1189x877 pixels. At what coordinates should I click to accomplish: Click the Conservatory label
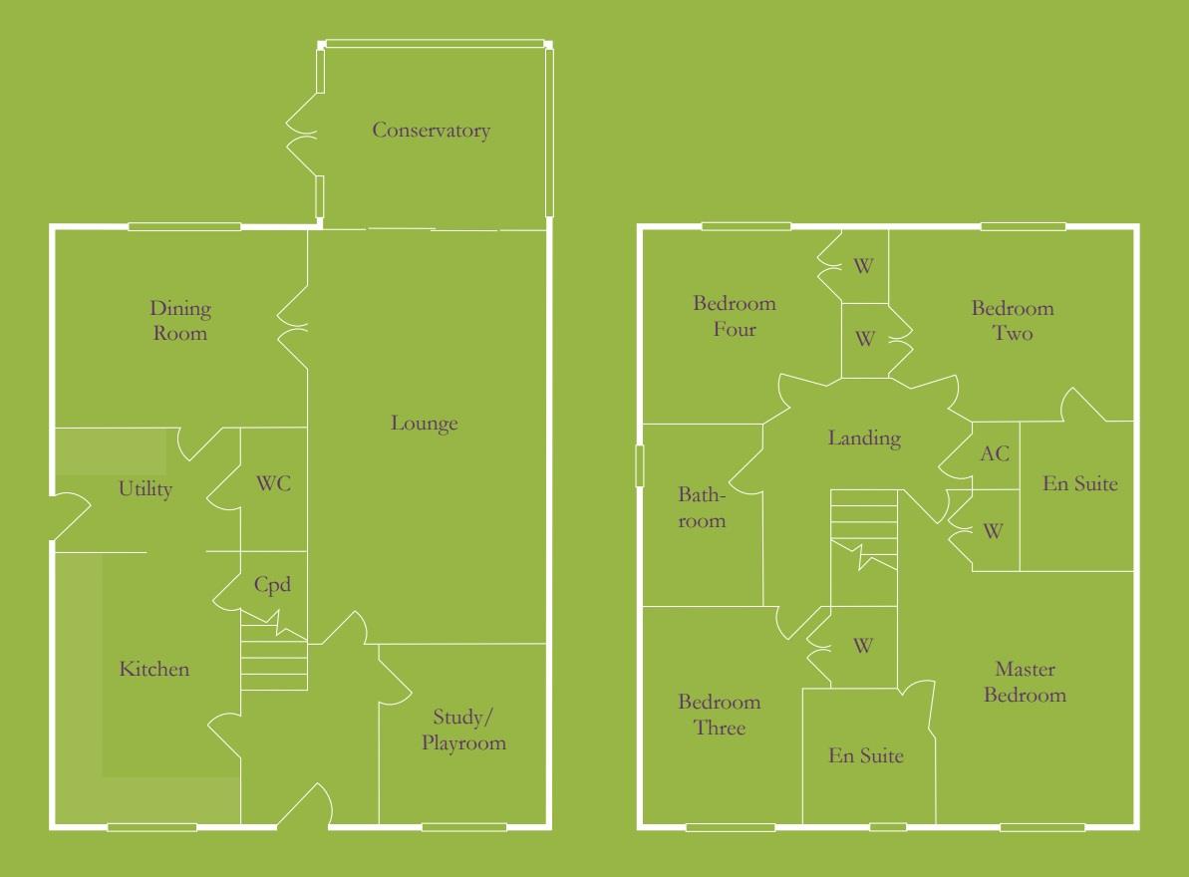pos(431,131)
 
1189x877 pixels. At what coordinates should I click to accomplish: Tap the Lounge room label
pos(424,424)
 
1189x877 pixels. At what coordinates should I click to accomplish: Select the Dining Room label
pos(180,321)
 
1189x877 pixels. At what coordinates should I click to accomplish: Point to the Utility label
pos(146,489)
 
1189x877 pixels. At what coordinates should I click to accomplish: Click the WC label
pos(273,484)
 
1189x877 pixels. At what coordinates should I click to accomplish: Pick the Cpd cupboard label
pos(272,585)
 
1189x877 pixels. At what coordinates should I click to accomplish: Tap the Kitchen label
pos(154,669)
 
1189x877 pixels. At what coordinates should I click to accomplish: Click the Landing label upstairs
pos(864,438)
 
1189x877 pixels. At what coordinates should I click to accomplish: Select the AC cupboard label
pos(995,454)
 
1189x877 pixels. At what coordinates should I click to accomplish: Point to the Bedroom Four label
pos(735,316)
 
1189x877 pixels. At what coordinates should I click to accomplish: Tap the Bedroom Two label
pos(1013,321)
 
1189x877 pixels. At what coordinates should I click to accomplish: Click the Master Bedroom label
pos(1025,682)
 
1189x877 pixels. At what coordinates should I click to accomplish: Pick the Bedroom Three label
pos(720,716)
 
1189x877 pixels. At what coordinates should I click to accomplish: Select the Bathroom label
pos(702,507)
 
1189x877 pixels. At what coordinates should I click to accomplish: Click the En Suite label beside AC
pos(1080,484)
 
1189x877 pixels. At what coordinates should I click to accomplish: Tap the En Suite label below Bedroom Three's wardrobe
pos(866,756)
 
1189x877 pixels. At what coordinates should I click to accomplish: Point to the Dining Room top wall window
pos(184,227)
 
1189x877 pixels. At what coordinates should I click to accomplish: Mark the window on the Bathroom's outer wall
pos(641,465)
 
